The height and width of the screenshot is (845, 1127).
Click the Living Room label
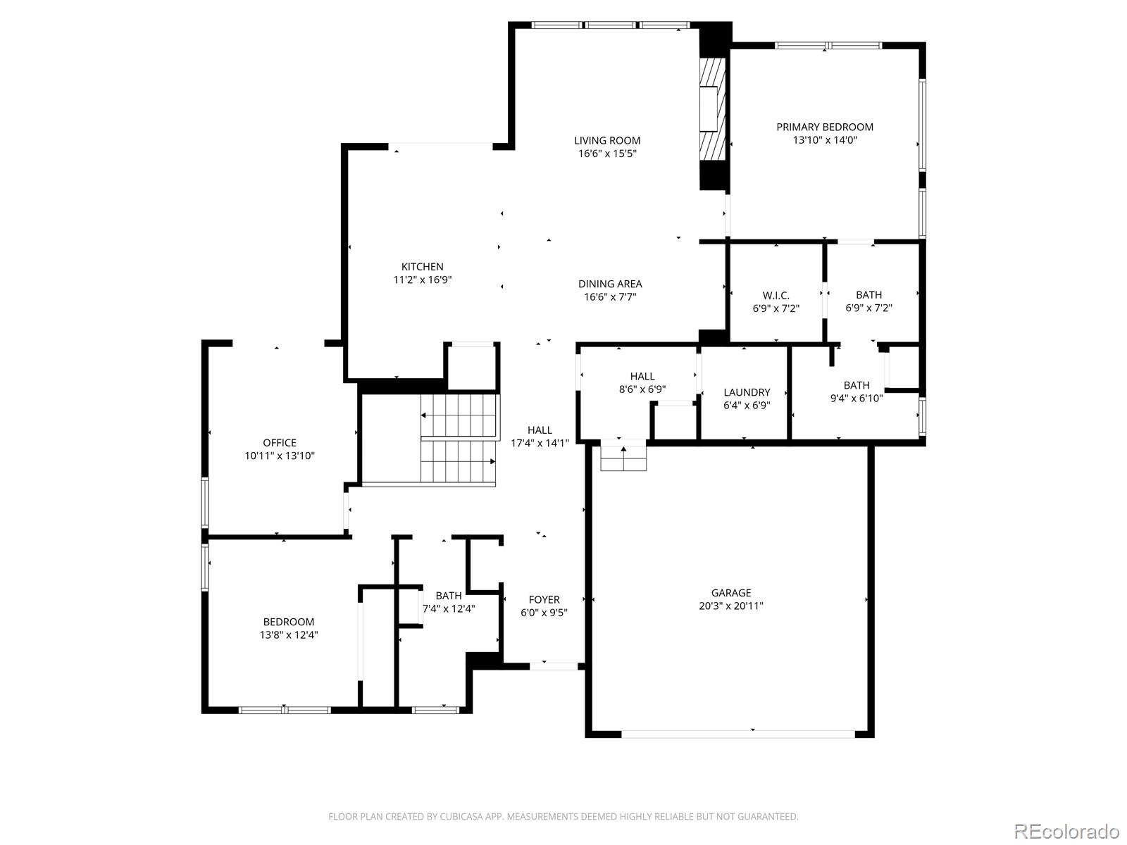coord(606,141)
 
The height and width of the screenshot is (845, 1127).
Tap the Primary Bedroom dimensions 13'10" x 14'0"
coord(825,140)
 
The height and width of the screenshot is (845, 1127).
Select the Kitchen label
coord(422,267)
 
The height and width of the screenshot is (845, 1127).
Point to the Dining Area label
coord(610,284)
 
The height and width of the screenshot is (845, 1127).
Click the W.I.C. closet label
coord(776,295)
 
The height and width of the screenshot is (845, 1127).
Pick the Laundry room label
coord(747,392)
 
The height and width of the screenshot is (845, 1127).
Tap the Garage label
coord(730,593)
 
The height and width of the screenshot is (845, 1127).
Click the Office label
coord(280,443)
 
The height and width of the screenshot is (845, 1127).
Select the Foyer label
coord(544,600)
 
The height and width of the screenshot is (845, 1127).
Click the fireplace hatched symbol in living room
coord(712,109)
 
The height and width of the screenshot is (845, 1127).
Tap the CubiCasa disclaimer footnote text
coord(563,817)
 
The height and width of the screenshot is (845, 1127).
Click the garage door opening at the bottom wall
coord(737,734)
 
